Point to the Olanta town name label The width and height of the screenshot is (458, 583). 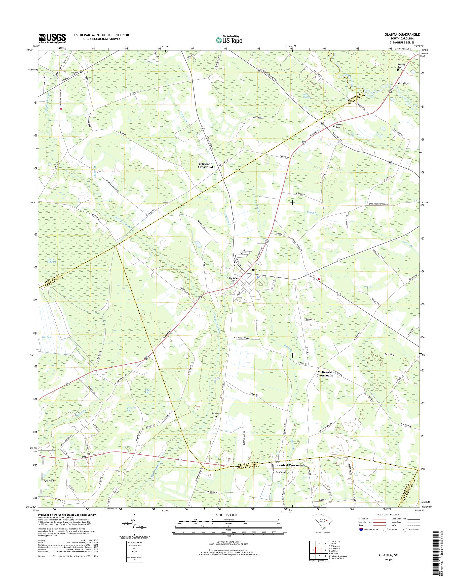pos(255,270)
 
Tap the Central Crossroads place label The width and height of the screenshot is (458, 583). pos(291,465)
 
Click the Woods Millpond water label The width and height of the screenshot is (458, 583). pos(51,261)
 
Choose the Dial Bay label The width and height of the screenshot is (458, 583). pos(46,337)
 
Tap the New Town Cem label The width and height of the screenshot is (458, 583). pos(283,472)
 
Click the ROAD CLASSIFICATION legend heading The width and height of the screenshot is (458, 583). pos(389,514)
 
